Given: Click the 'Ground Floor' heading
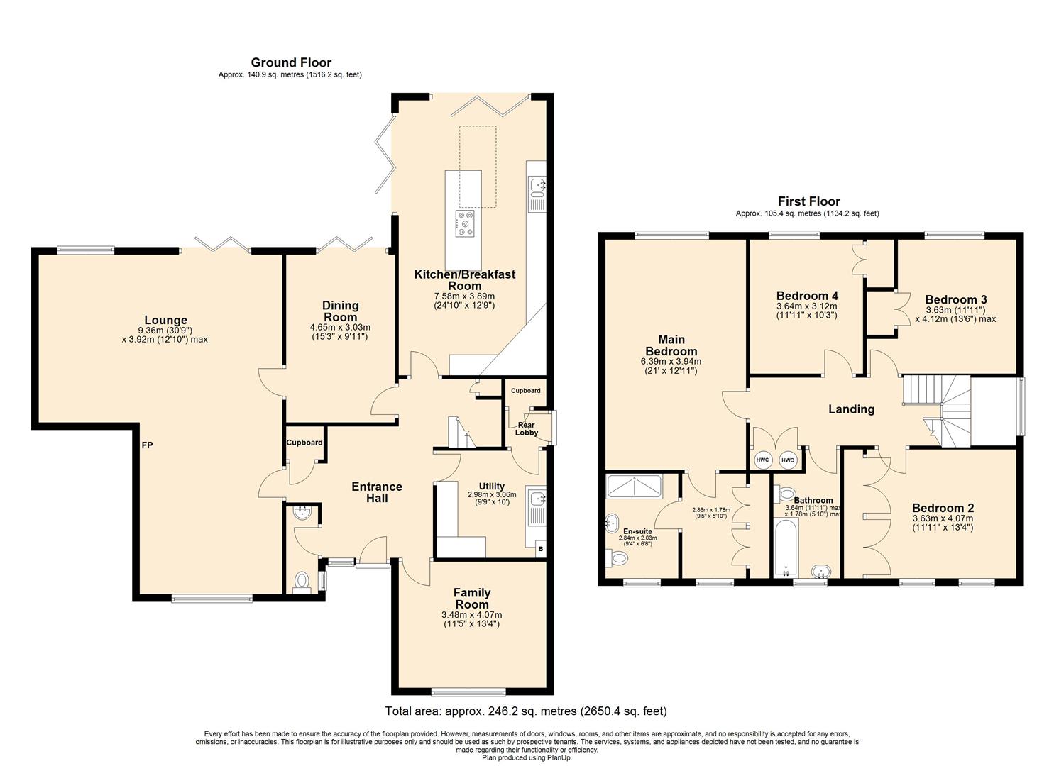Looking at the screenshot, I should [x=290, y=62].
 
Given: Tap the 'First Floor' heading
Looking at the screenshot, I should [x=808, y=201].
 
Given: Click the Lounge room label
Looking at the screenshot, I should [x=165, y=321].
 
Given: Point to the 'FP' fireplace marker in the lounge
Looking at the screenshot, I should [x=147, y=445].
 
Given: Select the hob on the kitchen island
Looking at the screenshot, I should [x=466, y=223].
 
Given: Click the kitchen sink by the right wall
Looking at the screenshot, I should [x=537, y=186].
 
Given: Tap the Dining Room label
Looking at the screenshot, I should [x=341, y=311].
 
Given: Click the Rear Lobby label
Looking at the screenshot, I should [x=526, y=428].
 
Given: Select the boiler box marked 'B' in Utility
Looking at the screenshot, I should [x=540, y=548].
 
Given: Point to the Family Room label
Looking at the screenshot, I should [x=472, y=598].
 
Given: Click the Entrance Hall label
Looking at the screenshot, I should [x=377, y=492].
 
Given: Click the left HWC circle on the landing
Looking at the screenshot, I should [x=762, y=460].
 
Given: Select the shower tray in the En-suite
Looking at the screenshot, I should [x=634, y=486].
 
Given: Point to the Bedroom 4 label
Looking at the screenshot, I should [x=807, y=296].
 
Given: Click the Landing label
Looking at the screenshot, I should [x=851, y=409].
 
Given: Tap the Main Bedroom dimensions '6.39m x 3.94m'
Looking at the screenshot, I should [x=671, y=362].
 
